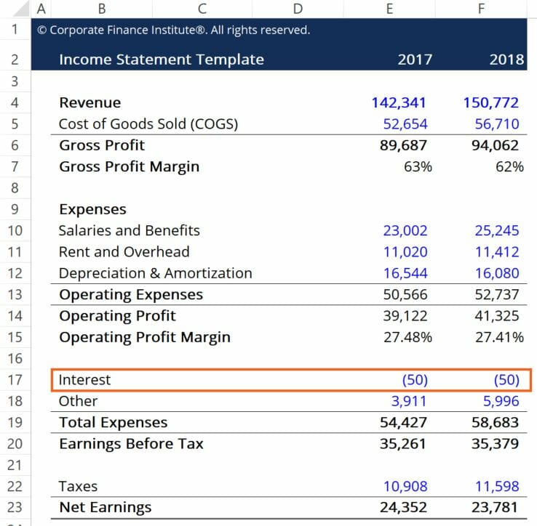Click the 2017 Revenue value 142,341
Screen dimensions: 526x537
point(399,102)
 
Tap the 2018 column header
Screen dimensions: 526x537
point(506,60)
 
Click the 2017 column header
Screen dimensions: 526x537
point(415,60)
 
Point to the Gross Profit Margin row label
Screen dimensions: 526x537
point(129,166)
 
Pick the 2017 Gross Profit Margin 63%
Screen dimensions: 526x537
point(418,166)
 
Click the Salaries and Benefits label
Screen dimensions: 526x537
point(129,230)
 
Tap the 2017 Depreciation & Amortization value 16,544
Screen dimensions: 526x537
point(405,273)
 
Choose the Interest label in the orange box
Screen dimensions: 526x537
point(84,379)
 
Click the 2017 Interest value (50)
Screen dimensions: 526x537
point(415,380)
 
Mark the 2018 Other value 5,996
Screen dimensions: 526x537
point(498,401)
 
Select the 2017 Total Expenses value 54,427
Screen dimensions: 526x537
point(403,422)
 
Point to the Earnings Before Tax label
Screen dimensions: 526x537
point(131,443)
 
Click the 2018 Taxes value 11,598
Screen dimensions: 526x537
point(497,486)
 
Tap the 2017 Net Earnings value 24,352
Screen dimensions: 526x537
point(403,507)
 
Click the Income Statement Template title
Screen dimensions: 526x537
point(162,60)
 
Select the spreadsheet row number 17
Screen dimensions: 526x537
point(16,379)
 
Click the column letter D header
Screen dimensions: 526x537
point(297,9)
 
